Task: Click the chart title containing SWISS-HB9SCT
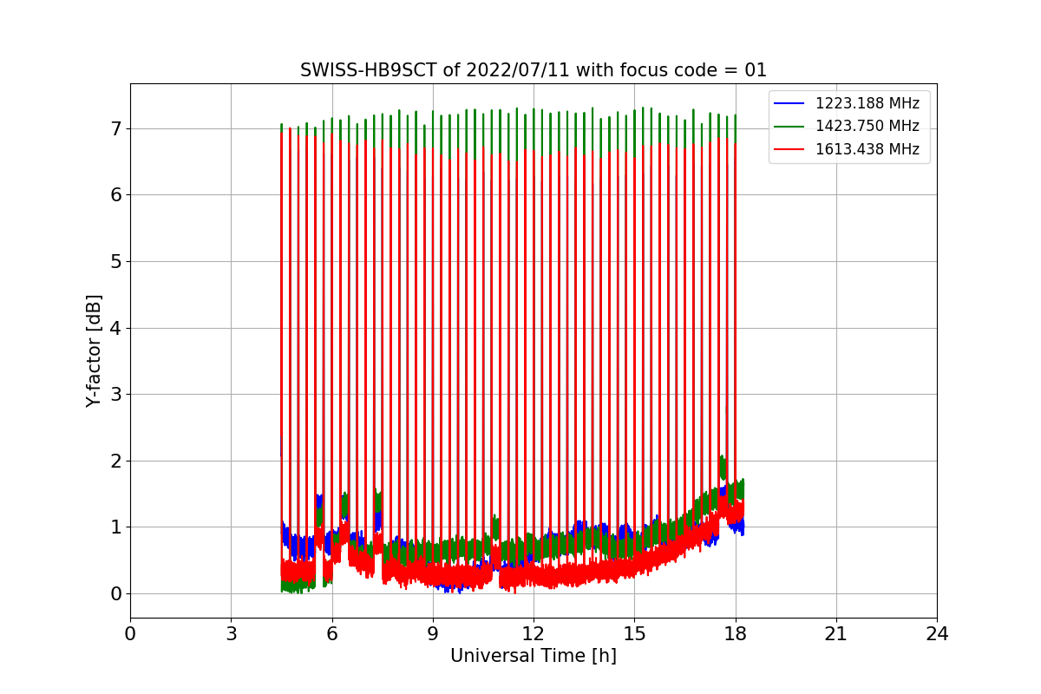(533, 70)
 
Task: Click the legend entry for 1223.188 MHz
(867, 103)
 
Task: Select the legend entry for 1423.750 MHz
(867, 126)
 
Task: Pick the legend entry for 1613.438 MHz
(867, 149)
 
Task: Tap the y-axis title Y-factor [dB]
(94, 350)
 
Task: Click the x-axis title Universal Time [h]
(533, 656)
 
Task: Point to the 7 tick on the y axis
(115, 128)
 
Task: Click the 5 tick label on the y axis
(115, 261)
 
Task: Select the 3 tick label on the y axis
(115, 395)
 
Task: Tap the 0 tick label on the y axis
(115, 594)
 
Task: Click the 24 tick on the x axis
(936, 634)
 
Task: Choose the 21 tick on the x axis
(835, 634)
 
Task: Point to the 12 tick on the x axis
(533, 634)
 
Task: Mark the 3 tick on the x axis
(231, 634)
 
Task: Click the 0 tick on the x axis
(130, 634)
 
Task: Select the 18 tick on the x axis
(735, 634)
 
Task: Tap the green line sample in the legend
(790, 126)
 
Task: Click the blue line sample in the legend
(790, 103)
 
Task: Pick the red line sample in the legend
(790, 149)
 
